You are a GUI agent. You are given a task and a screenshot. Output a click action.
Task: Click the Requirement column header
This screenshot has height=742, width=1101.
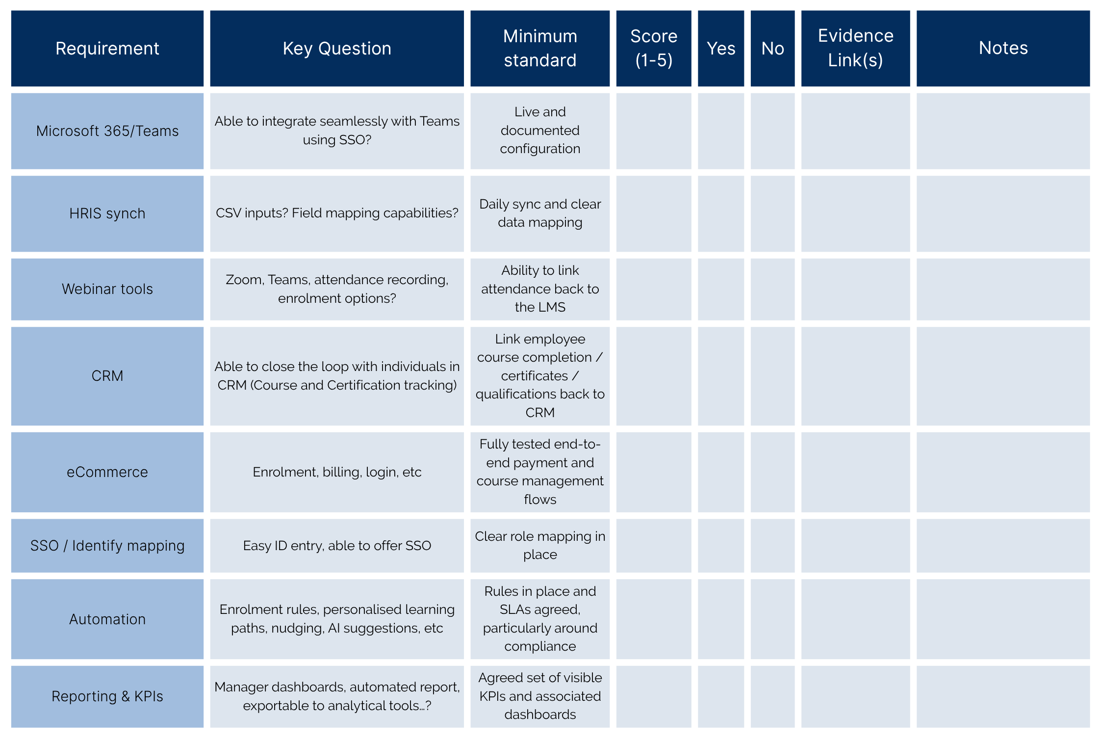click(x=107, y=49)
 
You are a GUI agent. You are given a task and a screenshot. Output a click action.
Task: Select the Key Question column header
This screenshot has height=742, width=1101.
click(x=337, y=49)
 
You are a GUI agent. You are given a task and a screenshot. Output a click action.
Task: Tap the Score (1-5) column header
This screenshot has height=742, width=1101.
click(x=653, y=49)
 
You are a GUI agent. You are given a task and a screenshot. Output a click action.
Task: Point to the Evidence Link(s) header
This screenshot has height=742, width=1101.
click(x=855, y=49)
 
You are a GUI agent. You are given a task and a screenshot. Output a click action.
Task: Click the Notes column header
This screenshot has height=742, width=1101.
click(x=1003, y=49)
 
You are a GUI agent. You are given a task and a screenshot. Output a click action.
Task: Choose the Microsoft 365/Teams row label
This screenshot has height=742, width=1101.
click(x=107, y=131)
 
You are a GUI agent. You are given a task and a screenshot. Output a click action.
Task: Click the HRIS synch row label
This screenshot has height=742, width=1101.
click(x=107, y=213)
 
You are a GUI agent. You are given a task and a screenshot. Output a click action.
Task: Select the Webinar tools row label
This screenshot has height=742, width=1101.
click(x=107, y=289)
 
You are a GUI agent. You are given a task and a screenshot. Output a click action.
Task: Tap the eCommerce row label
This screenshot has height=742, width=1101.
click(x=107, y=472)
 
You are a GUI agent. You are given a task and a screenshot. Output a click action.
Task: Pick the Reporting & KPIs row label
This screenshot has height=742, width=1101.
click(x=107, y=696)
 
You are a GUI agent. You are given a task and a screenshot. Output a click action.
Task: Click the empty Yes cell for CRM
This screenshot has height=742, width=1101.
click(x=720, y=376)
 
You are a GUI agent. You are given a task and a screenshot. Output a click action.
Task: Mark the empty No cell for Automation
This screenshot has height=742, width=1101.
click(x=772, y=619)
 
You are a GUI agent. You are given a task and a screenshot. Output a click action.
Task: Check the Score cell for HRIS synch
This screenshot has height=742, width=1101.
click(x=653, y=213)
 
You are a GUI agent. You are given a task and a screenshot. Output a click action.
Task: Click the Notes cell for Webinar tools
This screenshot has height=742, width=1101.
click(x=1003, y=289)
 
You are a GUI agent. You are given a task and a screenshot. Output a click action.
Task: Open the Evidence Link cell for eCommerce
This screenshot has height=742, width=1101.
click(x=855, y=472)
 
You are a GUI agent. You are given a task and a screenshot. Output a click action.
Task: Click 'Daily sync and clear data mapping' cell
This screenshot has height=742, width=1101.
click(x=540, y=213)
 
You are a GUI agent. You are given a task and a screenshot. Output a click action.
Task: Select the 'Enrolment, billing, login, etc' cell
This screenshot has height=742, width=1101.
click(x=337, y=472)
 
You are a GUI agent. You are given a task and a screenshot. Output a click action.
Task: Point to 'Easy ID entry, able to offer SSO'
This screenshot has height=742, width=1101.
click(x=337, y=546)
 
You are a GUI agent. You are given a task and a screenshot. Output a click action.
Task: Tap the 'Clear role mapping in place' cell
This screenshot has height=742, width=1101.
click(x=540, y=546)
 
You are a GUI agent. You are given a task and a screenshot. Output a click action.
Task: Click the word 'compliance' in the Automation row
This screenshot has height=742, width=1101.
click(x=540, y=646)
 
